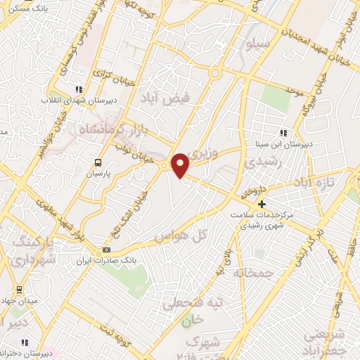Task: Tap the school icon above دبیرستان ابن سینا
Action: tap(283, 132)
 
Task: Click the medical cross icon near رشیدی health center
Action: tap(262, 203)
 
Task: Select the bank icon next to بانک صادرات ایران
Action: tap(106, 250)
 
